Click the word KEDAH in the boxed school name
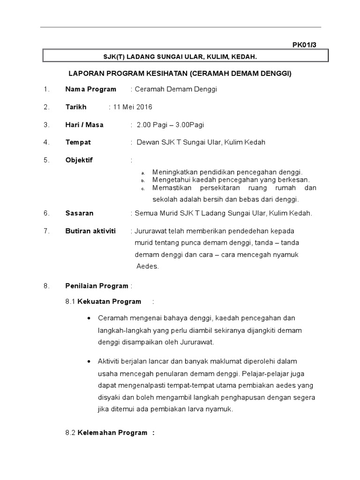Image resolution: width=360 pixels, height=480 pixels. click(x=246, y=57)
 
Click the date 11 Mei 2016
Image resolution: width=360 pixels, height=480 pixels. click(x=132, y=107)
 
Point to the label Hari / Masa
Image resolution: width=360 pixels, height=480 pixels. click(x=84, y=125)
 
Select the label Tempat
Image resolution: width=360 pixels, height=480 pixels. click(x=78, y=142)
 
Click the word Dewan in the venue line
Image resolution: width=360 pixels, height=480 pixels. click(x=147, y=142)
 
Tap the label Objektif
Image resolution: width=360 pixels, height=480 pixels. click(x=79, y=160)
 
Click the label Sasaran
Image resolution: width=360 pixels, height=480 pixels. click(x=79, y=213)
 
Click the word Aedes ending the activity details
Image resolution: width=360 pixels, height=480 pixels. click(x=148, y=266)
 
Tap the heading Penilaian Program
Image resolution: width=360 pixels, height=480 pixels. click(x=97, y=286)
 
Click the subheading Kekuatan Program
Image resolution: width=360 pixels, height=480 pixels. click(x=109, y=301)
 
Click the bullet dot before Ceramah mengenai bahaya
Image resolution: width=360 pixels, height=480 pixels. click(x=89, y=318)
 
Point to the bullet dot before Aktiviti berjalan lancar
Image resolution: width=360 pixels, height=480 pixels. click(x=89, y=362)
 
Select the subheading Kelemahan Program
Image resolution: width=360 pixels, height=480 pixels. click(x=112, y=433)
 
